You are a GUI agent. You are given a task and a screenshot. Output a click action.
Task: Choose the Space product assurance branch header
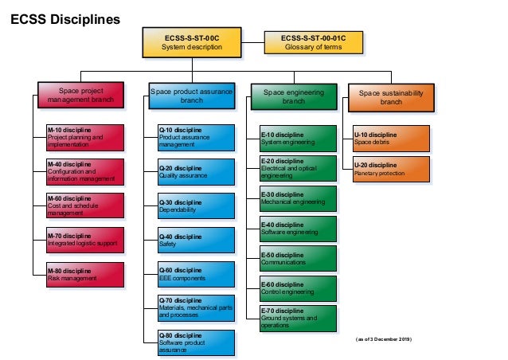coord(192,96)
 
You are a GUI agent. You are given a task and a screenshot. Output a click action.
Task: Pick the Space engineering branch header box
coord(294,96)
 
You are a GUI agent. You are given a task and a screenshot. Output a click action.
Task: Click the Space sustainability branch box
coord(391,96)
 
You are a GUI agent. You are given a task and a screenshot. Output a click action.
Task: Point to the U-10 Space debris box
coord(391,137)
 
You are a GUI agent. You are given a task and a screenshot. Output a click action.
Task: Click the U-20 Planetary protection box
coord(391,168)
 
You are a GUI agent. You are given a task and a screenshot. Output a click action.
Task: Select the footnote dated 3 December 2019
coord(383,338)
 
